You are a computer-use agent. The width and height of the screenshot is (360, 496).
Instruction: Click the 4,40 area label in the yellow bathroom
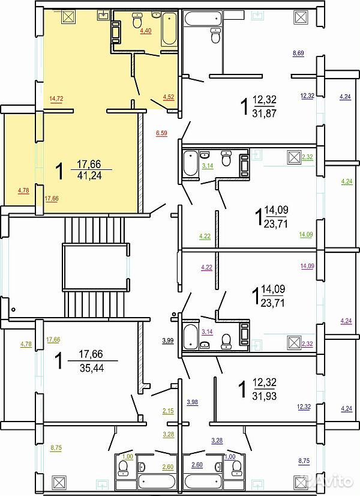click(x=145, y=31)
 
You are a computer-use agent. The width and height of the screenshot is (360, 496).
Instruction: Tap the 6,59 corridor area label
click(x=161, y=133)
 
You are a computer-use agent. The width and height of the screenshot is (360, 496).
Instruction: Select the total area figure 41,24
click(x=90, y=175)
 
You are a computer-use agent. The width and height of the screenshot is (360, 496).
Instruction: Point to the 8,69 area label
click(x=298, y=53)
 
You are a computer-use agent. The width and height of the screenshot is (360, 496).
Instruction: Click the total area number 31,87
click(x=264, y=113)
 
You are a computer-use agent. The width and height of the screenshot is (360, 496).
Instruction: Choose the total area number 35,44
click(x=92, y=367)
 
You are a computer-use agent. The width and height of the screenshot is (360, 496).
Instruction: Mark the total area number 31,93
click(x=265, y=395)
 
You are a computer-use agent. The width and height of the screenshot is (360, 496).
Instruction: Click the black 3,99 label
click(x=168, y=340)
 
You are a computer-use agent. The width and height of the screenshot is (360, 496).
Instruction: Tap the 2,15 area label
click(x=168, y=411)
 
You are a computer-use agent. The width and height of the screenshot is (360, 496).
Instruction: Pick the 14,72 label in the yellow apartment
click(x=56, y=98)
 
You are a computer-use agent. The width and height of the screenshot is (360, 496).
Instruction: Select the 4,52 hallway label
click(x=169, y=97)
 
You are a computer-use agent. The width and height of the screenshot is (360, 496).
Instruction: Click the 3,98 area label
click(x=193, y=402)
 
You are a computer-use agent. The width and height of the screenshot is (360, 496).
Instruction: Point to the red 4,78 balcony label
click(x=24, y=190)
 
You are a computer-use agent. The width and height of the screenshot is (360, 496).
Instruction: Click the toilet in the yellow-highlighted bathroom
click(x=137, y=20)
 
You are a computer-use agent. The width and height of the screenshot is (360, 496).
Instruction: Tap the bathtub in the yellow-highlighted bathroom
click(x=169, y=28)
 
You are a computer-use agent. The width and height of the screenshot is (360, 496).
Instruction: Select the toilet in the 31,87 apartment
click(x=215, y=35)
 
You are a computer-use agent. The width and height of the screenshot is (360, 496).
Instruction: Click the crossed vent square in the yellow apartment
click(x=68, y=17)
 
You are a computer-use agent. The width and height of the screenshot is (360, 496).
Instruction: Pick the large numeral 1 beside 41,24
click(x=59, y=171)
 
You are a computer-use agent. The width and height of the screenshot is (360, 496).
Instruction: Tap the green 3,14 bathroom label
click(x=208, y=166)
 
